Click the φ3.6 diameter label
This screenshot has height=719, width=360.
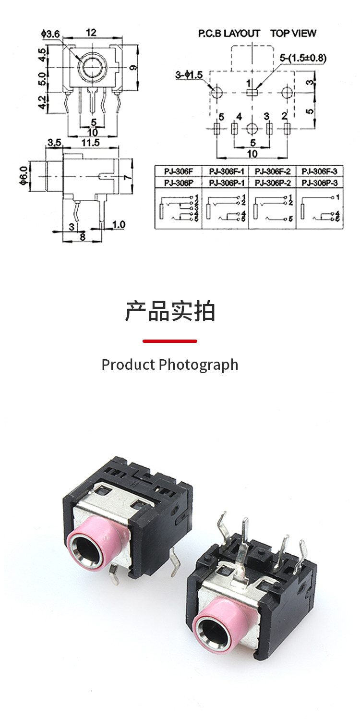pos(51,34)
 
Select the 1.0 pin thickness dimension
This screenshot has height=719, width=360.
pos(118,224)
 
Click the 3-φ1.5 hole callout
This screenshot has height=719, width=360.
pos(189,75)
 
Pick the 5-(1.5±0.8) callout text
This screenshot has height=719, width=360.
pos(303,58)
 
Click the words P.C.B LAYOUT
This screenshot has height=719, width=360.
pos(229,34)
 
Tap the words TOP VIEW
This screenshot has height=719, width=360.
pos(293,34)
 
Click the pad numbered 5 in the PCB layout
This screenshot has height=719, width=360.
pos(216,128)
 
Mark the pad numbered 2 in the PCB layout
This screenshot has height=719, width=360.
pos(287,128)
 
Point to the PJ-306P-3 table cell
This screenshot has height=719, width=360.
pos(319,183)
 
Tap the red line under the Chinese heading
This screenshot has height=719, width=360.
pos(170,341)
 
